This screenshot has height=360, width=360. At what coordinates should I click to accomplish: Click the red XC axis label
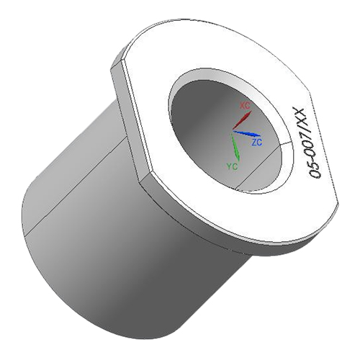[x=245, y=106]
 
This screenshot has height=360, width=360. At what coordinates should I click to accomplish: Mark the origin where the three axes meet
[x=232, y=131]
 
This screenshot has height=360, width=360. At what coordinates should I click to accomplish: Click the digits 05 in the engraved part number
[x=313, y=170]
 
